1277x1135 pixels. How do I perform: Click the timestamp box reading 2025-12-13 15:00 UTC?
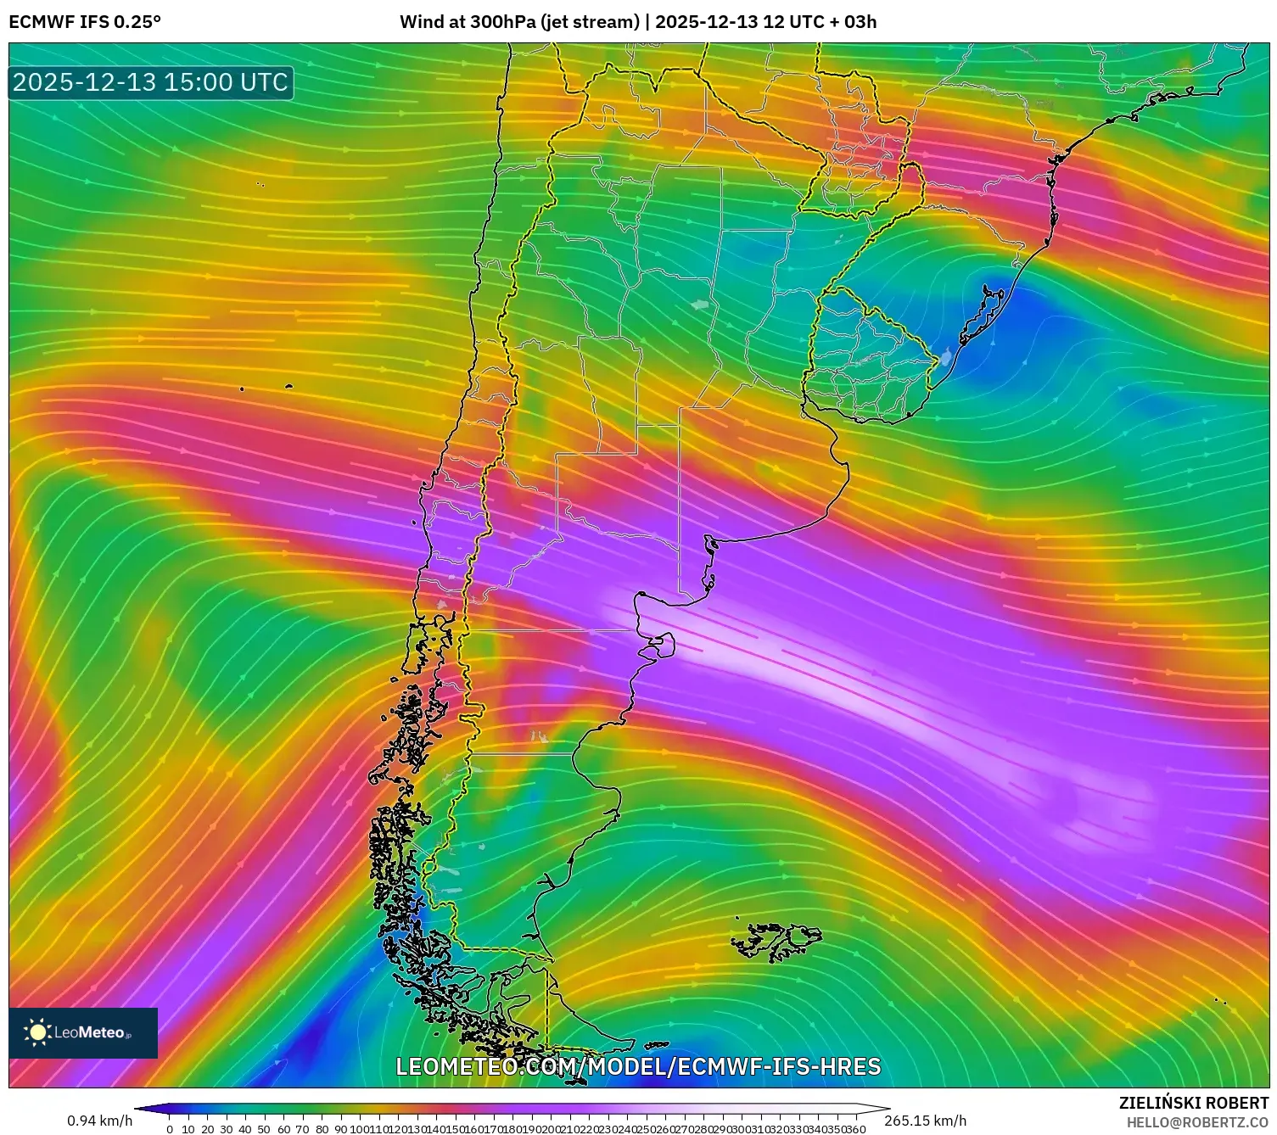151,82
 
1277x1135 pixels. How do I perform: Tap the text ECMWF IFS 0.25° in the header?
85,22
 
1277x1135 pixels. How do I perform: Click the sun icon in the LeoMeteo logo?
37,1032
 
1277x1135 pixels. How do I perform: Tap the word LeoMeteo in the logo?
90,1032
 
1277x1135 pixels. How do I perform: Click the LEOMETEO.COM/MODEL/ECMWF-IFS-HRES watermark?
638,1066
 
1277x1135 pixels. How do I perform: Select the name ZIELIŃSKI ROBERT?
1194,1104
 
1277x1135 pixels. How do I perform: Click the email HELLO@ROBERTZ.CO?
1197,1122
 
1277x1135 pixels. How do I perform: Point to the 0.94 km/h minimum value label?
100,1121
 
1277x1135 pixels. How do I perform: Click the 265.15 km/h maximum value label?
925,1121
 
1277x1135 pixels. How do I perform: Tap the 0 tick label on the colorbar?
170,1129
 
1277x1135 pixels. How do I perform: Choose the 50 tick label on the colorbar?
265,1129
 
